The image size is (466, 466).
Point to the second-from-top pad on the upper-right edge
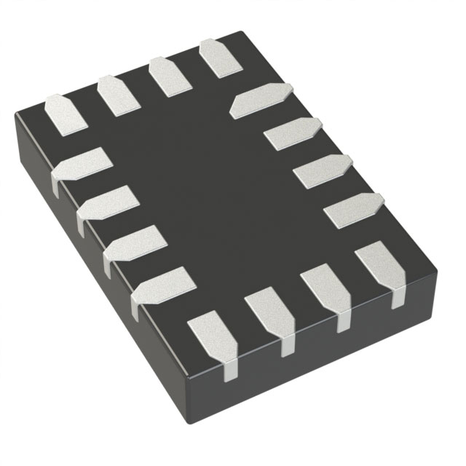pyautogui.click(x=291, y=133)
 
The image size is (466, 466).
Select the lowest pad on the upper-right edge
pyautogui.click(x=352, y=210)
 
